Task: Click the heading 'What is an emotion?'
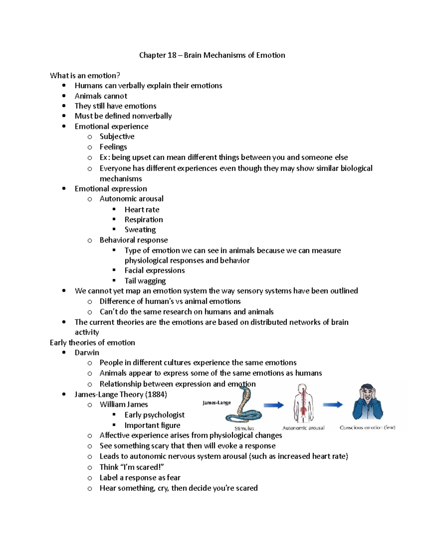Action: [x=85, y=76]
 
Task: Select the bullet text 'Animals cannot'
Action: [x=101, y=96]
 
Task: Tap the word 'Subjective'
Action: [x=117, y=137]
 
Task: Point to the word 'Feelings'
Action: [x=113, y=147]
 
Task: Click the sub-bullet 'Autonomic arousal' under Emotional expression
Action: [x=131, y=199]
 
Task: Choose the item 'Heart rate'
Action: [x=142, y=210]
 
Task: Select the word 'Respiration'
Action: [x=143, y=219]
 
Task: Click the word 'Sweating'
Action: [x=140, y=230]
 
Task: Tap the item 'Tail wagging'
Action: [x=145, y=281]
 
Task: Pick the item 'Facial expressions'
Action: [x=154, y=271]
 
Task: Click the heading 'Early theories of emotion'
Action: [x=92, y=343]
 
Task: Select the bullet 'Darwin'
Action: [x=87, y=353]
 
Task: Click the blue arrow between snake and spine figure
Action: [x=274, y=405]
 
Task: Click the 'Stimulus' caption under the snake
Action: [x=244, y=428]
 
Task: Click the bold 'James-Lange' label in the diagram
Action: [x=217, y=403]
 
